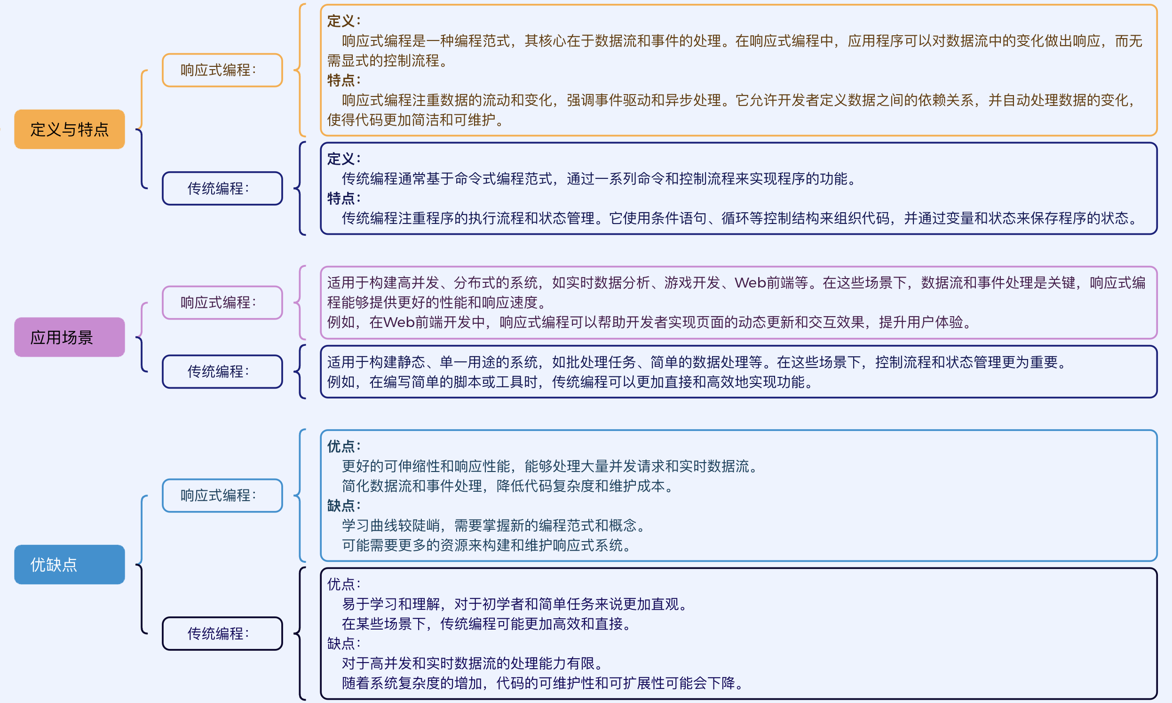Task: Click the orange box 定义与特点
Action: tap(70, 129)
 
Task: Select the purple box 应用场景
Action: tap(70, 337)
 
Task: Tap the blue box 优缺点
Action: tap(70, 565)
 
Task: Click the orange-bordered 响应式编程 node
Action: tap(222, 70)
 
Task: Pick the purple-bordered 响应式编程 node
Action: tap(222, 303)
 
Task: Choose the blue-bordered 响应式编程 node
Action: tap(222, 495)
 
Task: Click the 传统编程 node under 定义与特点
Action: tap(222, 189)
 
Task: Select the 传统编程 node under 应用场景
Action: tap(222, 372)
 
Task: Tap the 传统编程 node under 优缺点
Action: tap(222, 633)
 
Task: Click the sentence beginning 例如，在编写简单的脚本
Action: tap(570, 382)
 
